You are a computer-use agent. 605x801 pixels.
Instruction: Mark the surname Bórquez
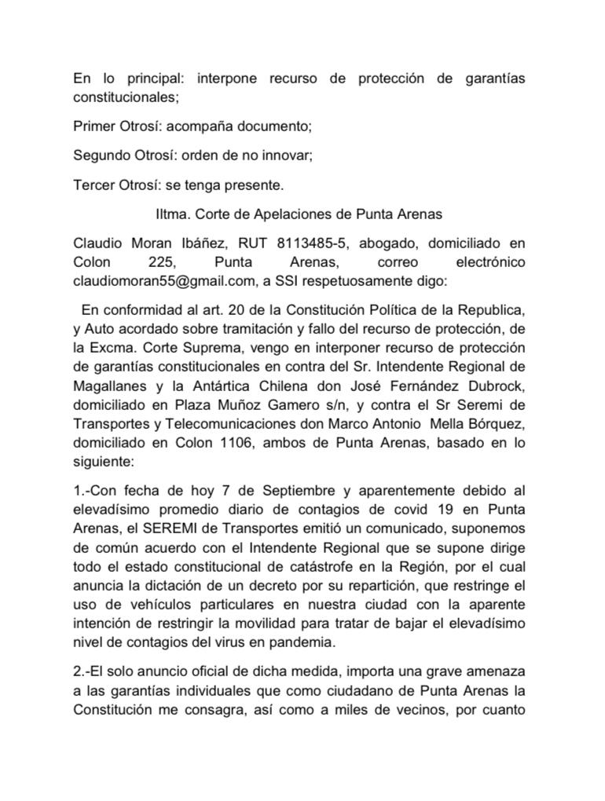pos(495,426)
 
